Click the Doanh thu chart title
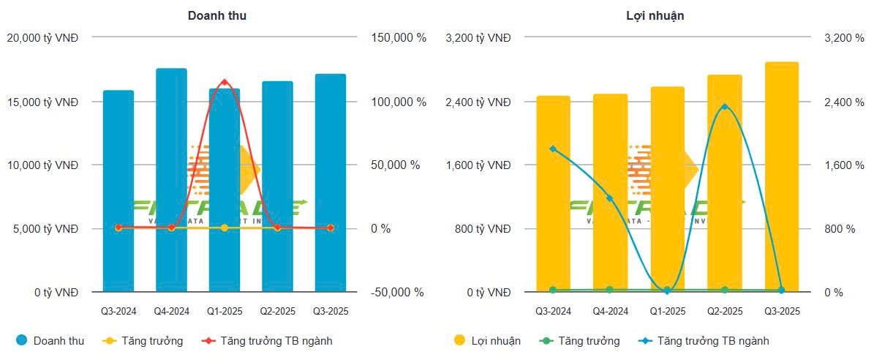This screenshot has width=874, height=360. [216, 15]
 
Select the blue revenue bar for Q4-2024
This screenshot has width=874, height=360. [171, 183]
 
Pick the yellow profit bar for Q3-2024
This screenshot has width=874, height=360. [553, 194]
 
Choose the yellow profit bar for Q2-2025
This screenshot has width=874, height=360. [724, 183]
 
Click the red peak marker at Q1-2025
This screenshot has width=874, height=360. [225, 82]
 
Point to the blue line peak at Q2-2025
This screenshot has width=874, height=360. [724, 107]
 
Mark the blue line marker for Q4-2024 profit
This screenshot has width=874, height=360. [610, 198]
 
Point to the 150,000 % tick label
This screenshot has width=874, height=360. [398, 38]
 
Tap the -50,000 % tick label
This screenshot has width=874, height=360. [397, 292]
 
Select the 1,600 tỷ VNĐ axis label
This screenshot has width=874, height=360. [478, 165]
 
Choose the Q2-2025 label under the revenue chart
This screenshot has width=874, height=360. [278, 312]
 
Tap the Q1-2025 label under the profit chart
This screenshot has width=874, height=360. [668, 312]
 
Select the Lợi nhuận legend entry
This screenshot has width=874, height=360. [486, 341]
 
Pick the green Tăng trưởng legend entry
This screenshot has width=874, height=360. [581, 341]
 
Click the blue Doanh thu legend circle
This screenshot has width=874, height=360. [21, 340]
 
